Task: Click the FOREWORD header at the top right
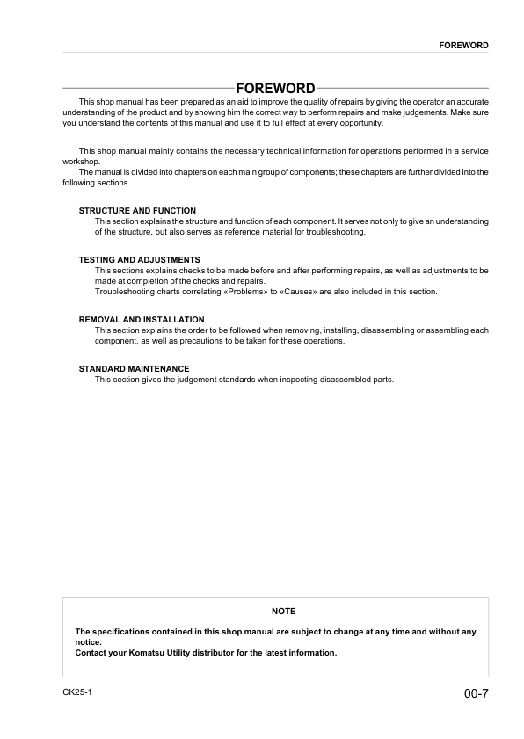pyautogui.click(x=463, y=45)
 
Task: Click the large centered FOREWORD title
pyautogui.click(x=275, y=89)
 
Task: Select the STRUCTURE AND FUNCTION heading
pyautogui.click(x=137, y=211)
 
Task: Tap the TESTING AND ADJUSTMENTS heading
pyautogui.click(x=140, y=260)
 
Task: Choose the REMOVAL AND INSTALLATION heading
pyautogui.click(x=142, y=319)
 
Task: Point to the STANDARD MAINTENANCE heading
pyautogui.click(x=134, y=368)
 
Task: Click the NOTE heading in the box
pyautogui.click(x=284, y=611)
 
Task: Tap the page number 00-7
pyautogui.click(x=476, y=694)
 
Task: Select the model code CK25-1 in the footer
pyautogui.click(x=77, y=692)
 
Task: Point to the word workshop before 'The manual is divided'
pyautogui.click(x=82, y=162)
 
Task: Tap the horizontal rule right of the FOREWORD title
pyautogui.click(x=403, y=89)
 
